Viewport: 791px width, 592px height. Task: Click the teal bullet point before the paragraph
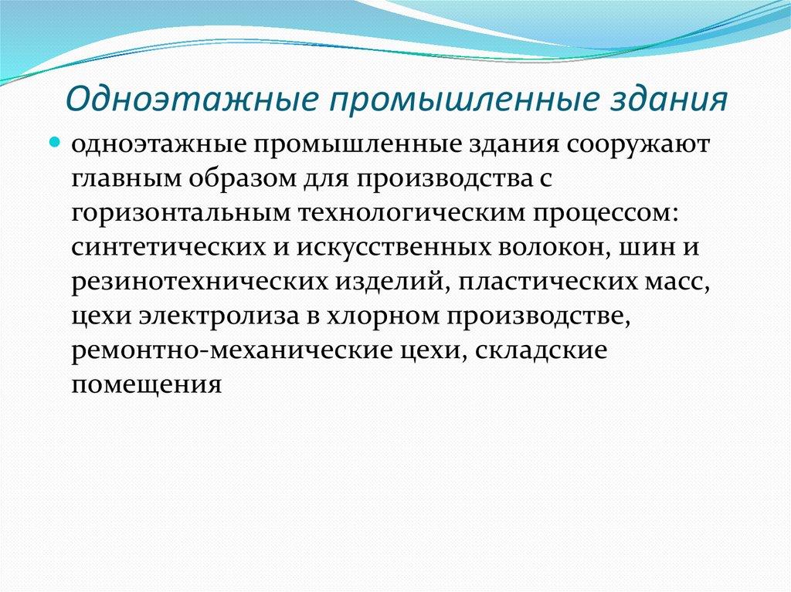(77, 144)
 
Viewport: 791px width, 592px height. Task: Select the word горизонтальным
(171, 214)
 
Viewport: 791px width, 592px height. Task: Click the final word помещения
(147, 384)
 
